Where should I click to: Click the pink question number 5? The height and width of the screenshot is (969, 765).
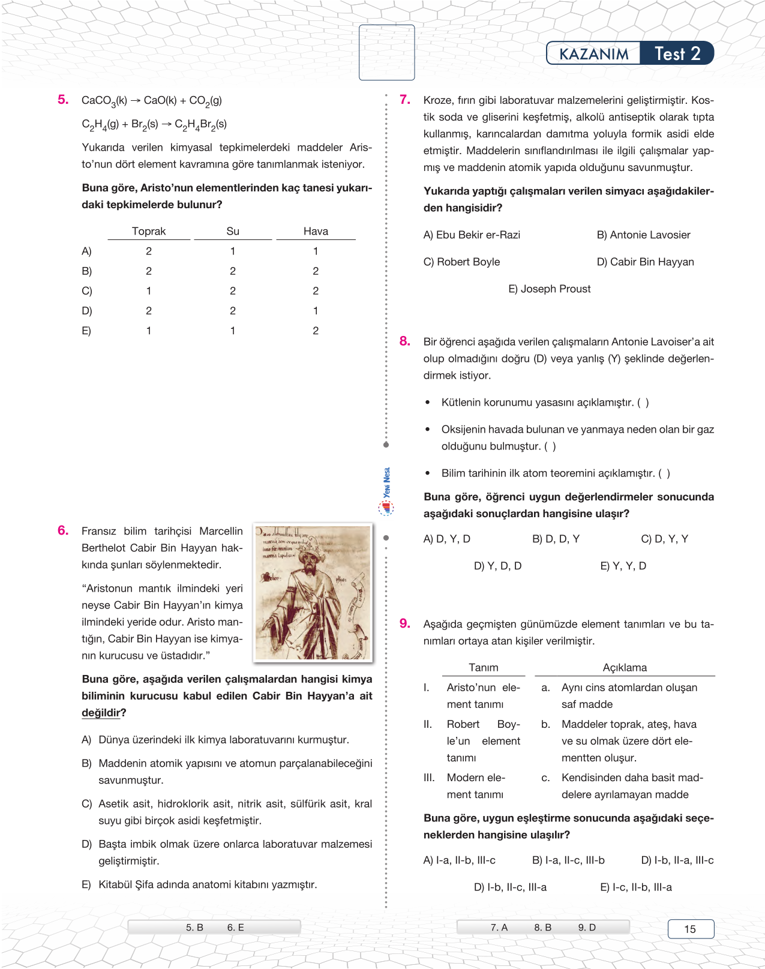[63, 100]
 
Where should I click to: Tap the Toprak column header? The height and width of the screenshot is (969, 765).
[149, 231]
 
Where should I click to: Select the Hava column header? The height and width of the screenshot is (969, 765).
[316, 231]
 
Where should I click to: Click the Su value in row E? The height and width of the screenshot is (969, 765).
[233, 331]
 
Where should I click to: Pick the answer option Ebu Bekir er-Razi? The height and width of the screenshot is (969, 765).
[472, 235]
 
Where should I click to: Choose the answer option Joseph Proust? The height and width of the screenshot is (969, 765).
[549, 289]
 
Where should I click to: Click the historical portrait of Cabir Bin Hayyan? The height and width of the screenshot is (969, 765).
[313, 593]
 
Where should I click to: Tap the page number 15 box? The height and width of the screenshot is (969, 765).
[691, 929]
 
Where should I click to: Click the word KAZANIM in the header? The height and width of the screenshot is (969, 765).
[594, 54]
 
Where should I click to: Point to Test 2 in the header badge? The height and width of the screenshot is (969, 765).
[677, 54]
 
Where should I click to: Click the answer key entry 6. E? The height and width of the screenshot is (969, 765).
[235, 928]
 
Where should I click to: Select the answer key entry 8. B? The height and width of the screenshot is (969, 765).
[542, 928]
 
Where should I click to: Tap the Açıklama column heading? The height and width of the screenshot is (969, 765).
[625, 667]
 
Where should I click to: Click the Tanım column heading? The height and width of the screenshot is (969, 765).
[484, 667]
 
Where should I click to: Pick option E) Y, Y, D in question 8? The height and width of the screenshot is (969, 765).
[623, 566]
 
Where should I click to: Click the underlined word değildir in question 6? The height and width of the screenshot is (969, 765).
[100, 713]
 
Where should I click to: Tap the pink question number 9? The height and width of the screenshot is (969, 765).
[405, 623]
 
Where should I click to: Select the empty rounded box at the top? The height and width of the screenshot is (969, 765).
[387, 52]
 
